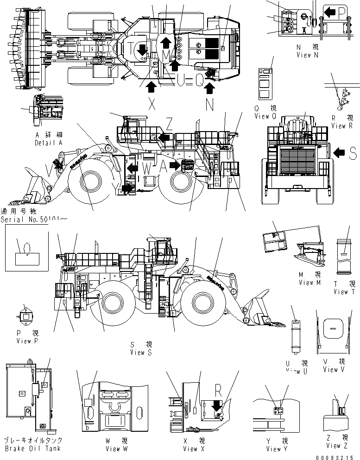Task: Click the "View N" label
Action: [x=307, y=55]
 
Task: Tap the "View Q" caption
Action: [x=265, y=117]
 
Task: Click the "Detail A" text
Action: [x=48, y=143]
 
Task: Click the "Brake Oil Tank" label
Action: [x=32, y=448]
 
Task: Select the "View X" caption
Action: [x=196, y=448]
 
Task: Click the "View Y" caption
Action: [x=277, y=448]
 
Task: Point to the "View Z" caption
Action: [x=340, y=446]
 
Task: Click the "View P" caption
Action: [x=30, y=341]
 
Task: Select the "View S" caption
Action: [x=144, y=353]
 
